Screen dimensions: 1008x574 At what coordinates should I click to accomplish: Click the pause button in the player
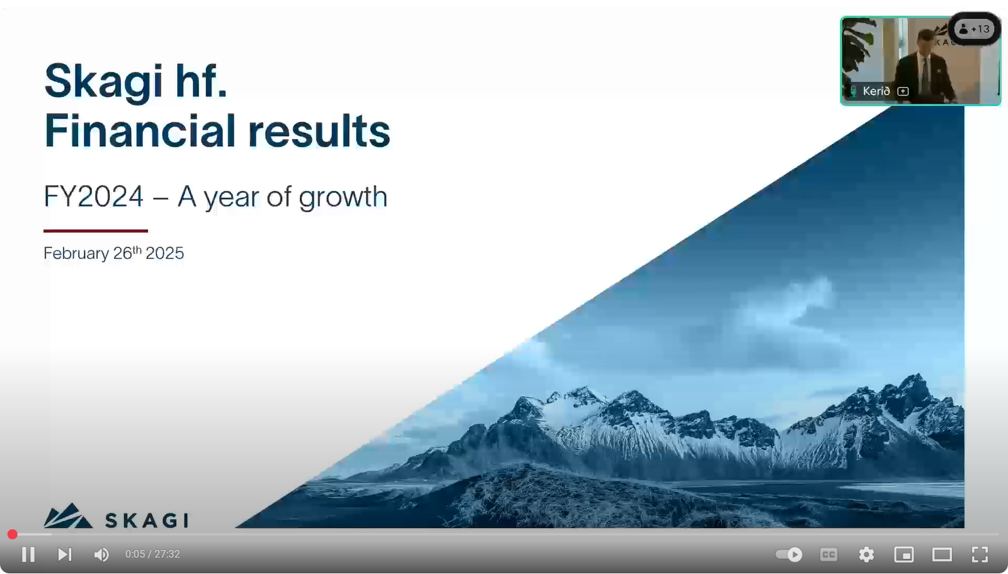[x=28, y=554]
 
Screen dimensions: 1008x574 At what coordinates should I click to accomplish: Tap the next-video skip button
[x=65, y=554]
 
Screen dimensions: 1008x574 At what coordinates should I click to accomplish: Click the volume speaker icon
[x=101, y=554]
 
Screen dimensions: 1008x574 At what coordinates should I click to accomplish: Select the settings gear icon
[x=866, y=554]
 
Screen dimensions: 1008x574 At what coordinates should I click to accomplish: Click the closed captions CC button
[x=828, y=554]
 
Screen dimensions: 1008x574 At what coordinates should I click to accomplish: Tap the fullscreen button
[x=980, y=554]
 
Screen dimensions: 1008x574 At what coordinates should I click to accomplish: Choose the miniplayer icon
[x=903, y=554]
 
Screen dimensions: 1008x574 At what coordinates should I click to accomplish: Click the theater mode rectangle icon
[x=941, y=554]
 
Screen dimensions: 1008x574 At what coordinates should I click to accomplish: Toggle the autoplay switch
[x=789, y=554]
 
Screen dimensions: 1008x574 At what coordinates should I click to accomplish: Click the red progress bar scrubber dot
[x=12, y=534]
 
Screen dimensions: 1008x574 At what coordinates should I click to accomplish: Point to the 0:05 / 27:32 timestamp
[x=152, y=554]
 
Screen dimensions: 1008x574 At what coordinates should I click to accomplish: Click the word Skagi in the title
[x=103, y=81]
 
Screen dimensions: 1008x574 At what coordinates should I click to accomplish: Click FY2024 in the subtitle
[x=94, y=197]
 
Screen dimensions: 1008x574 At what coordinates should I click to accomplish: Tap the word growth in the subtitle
[x=343, y=198]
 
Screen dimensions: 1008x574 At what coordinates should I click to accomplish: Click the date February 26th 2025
[x=113, y=253]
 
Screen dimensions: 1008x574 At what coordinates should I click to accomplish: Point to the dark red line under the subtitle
[x=95, y=231]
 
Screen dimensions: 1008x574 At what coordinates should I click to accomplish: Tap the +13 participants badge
[x=974, y=29]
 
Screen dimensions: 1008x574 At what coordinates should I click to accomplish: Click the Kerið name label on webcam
[x=876, y=91]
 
